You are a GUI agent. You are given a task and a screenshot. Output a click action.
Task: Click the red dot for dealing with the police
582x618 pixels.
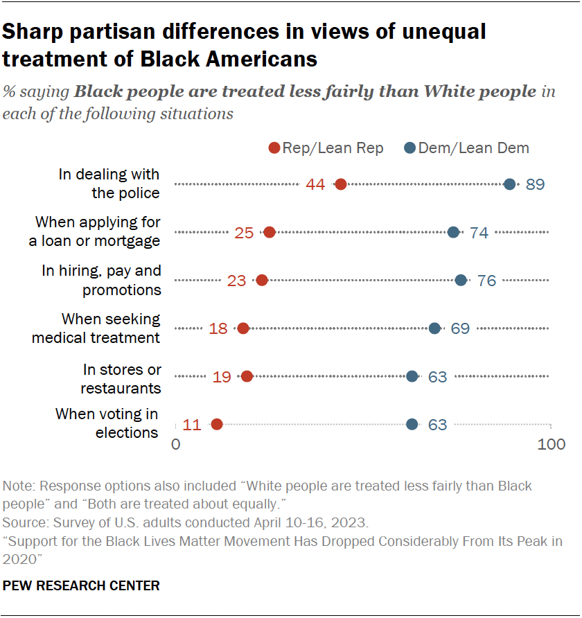pos(340,184)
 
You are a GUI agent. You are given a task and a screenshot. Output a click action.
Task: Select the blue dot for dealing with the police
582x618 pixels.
pos(510,184)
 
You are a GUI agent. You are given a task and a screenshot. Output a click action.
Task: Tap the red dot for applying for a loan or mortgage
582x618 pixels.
pos(270,232)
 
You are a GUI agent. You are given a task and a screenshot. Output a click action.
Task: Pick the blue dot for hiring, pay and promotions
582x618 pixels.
pos(461,280)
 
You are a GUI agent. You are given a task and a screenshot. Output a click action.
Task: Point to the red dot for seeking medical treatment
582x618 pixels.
pos(243,328)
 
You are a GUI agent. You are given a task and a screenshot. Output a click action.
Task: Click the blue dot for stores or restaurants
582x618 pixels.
pos(412,376)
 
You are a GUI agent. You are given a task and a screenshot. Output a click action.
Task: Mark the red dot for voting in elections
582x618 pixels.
pos(217,424)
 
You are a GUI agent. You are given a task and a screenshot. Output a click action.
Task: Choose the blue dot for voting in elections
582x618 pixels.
pos(412,424)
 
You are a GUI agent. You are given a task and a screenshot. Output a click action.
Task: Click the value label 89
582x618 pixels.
pos(535,185)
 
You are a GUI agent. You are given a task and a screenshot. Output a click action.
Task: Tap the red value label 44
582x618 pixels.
pos(316,185)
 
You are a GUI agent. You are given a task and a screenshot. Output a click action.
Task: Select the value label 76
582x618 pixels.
pos(486,281)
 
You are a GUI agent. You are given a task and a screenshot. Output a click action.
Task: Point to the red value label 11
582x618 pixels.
pos(192,425)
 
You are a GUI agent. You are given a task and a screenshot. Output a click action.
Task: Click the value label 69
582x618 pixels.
pos(460,328)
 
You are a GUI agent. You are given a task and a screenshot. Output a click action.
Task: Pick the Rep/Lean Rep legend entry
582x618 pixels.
pos(326,148)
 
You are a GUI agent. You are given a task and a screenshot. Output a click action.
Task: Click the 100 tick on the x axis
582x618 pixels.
pos(552,444)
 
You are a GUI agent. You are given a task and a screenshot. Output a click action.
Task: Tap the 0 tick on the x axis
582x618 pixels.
pos(175,444)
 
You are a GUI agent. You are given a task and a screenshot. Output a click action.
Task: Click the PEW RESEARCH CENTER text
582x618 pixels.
pos(81,585)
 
